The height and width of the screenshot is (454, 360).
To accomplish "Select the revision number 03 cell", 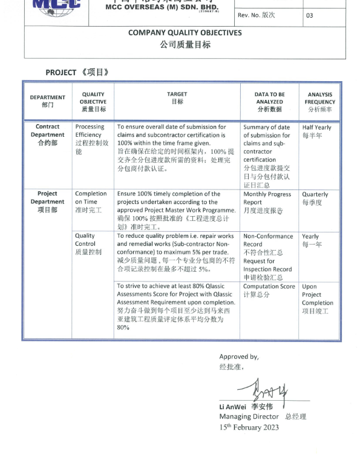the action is [x=310, y=15].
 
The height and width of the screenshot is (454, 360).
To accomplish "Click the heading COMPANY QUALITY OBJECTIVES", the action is [x=185, y=33].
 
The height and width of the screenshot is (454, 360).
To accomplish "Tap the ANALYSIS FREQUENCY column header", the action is [x=320, y=102].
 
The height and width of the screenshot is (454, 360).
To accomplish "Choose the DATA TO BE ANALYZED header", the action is [x=269, y=102].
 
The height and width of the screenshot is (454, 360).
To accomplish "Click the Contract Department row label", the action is [x=47, y=135].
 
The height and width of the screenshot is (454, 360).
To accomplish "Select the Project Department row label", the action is [x=47, y=202].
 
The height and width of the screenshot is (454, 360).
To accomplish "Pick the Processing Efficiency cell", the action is [x=92, y=139].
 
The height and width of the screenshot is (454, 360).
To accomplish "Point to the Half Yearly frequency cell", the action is [x=317, y=131].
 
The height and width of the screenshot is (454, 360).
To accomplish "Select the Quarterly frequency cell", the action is [x=315, y=199].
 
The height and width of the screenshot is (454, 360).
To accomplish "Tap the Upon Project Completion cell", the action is [x=318, y=298].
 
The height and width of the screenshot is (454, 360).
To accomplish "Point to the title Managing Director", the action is [x=249, y=416].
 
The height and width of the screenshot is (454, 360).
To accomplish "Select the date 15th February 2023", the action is [x=249, y=427].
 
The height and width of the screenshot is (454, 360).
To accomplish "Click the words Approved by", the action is [x=239, y=357].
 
